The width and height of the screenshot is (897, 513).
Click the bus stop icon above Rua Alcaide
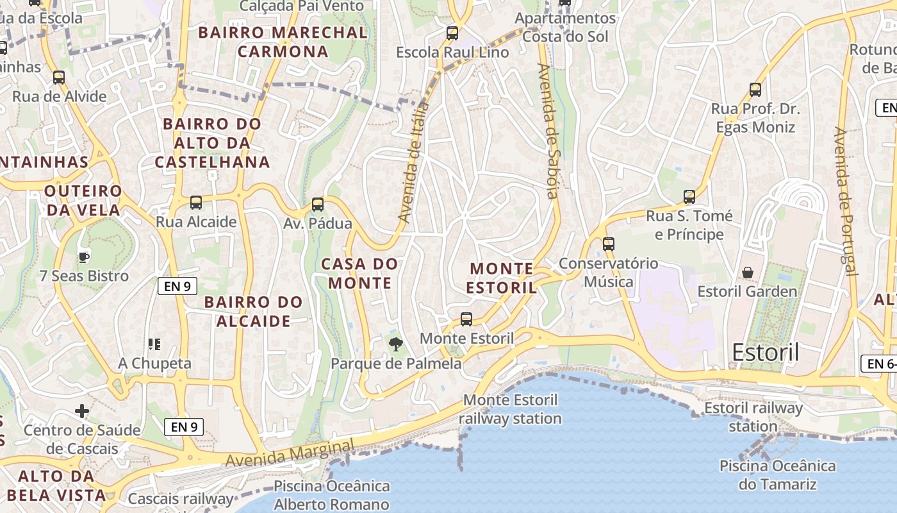click(196, 203)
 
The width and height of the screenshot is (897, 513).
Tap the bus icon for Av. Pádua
click(317, 205)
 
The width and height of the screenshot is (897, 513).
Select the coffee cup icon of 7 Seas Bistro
click(83, 257)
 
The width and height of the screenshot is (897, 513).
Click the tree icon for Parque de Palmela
click(396, 344)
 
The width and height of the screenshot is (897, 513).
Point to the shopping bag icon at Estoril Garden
click(747, 273)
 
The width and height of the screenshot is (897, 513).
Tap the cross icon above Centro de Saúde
click(82, 410)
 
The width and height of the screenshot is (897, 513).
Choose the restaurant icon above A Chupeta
click(154, 344)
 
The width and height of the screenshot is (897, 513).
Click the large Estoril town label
click(765, 353)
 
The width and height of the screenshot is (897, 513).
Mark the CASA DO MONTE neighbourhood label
click(359, 273)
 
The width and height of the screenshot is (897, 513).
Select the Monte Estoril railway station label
click(510, 409)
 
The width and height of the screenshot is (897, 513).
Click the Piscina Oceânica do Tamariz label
click(777, 475)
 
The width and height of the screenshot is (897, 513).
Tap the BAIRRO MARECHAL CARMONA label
click(283, 42)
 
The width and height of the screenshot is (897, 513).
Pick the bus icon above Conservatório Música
click(608, 244)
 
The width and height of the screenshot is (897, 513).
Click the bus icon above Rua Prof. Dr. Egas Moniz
click(755, 90)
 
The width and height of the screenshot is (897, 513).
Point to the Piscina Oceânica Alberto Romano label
click(331, 495)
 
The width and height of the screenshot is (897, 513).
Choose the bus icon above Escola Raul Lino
click(452, 33)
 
